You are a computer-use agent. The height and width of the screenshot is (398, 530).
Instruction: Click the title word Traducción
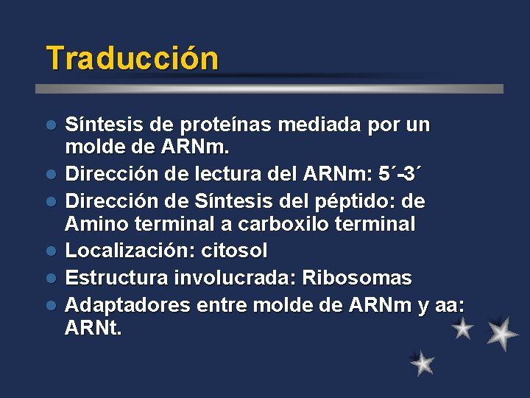click(x=132, y=59)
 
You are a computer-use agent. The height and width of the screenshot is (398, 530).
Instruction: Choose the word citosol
click(x=236, y=251)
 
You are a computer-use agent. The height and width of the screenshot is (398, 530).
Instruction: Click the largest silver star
click(x=503, y=333)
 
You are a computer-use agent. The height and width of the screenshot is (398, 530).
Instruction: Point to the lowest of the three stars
click(x=423, y=363)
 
